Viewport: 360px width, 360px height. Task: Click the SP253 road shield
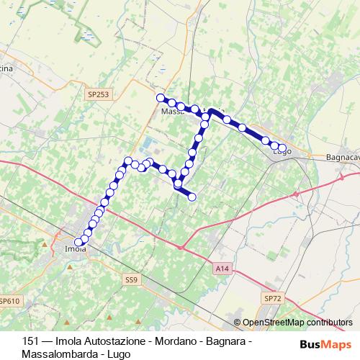coord(99,94)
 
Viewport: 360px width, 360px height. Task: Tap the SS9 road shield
coord(130,279)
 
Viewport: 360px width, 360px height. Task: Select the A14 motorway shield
coord(222,268)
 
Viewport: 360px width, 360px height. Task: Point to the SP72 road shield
coord(272,298)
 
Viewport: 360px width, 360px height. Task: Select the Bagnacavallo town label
coord(338,157)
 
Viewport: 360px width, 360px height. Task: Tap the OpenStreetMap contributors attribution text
coord(297,323)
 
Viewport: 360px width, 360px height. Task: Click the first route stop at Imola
coord(78,243)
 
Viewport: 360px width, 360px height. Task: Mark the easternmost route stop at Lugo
coord(282,148)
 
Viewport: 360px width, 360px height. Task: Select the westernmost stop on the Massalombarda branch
coord(161,97)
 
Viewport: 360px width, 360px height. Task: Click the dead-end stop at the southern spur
coord(192,197)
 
